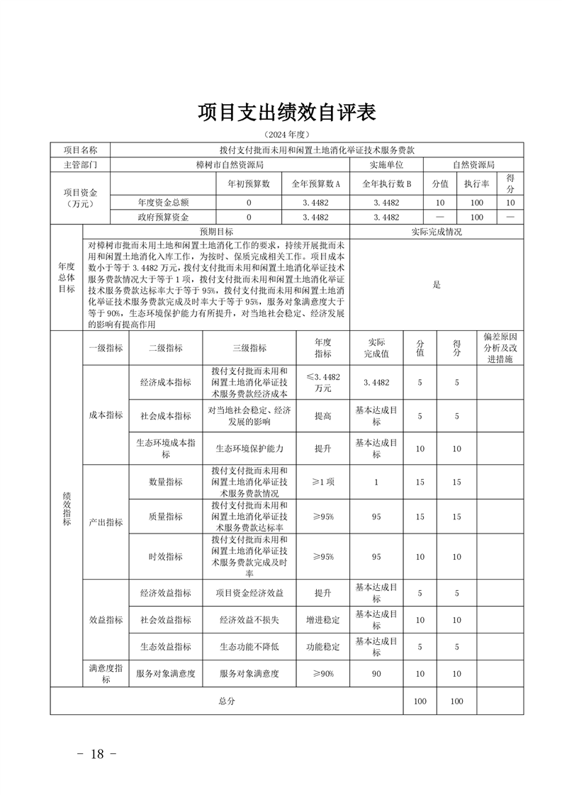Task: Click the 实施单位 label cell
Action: tap(386, 164)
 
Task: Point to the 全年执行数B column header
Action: tap(386, 183)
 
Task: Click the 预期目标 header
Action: tap(216, 232)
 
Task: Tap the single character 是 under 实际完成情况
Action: tap(437, 285)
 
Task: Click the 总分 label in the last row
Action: tap(226, 701)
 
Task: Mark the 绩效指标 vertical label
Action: tap(66, 508)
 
